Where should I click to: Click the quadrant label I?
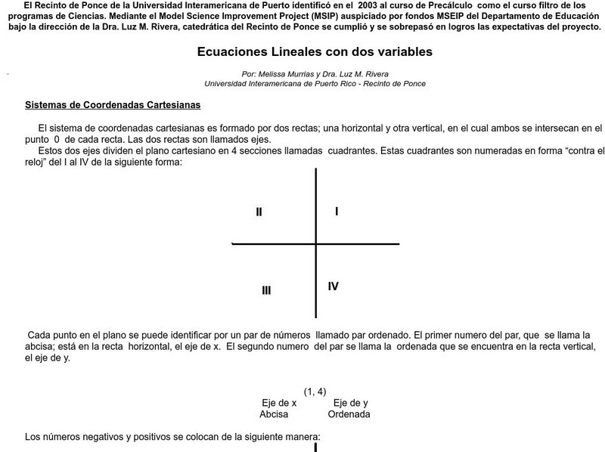pyautogui.click(x=337, y=211)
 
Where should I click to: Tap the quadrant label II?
pyautogui.click(x=259, y=212)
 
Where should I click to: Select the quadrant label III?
pyautogui.click(x=266, y=290)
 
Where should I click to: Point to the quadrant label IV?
pyautogui.click(x=333, y=286)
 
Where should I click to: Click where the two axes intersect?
pyautogui.click(x=315, y=244)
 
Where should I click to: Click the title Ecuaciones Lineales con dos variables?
pyautogui.click(x=315, y=53)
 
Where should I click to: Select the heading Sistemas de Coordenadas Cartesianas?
pyautogui.click(x=113, y=105)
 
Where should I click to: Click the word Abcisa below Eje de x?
pyautogui.click(x=274, y=414)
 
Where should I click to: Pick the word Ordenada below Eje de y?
pyautogui.click(x=349, y=414)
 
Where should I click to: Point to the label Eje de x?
pyautogui.click(x=279, y=403)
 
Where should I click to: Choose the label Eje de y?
pyautogui.click(x=351, y=403)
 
